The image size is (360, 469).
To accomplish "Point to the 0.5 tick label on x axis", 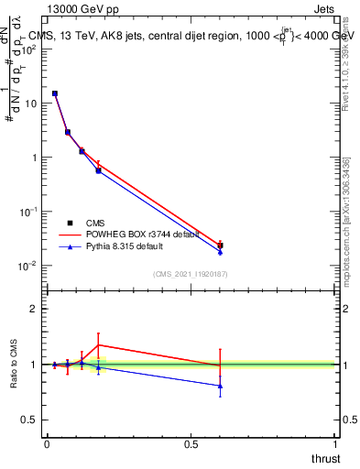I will click(x=191, y=443).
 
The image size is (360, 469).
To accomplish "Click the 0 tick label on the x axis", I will click(x=47, y=443).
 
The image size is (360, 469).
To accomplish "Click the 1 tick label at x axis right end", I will click(x=335, y=443).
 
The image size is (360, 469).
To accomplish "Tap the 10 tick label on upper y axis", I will click(x=30, y=104).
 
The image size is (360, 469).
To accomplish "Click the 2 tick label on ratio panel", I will click(x=34, y=309).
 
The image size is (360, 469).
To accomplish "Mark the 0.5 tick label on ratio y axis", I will click(x=30, y=420).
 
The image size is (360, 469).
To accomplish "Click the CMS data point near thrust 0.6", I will click(x=220, y=245).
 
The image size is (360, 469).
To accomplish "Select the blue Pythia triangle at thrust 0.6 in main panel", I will click(x=220, y=251).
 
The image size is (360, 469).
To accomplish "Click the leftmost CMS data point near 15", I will click(x=55, y=93).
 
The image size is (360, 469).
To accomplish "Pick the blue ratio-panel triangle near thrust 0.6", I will click(x=220, y=386).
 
